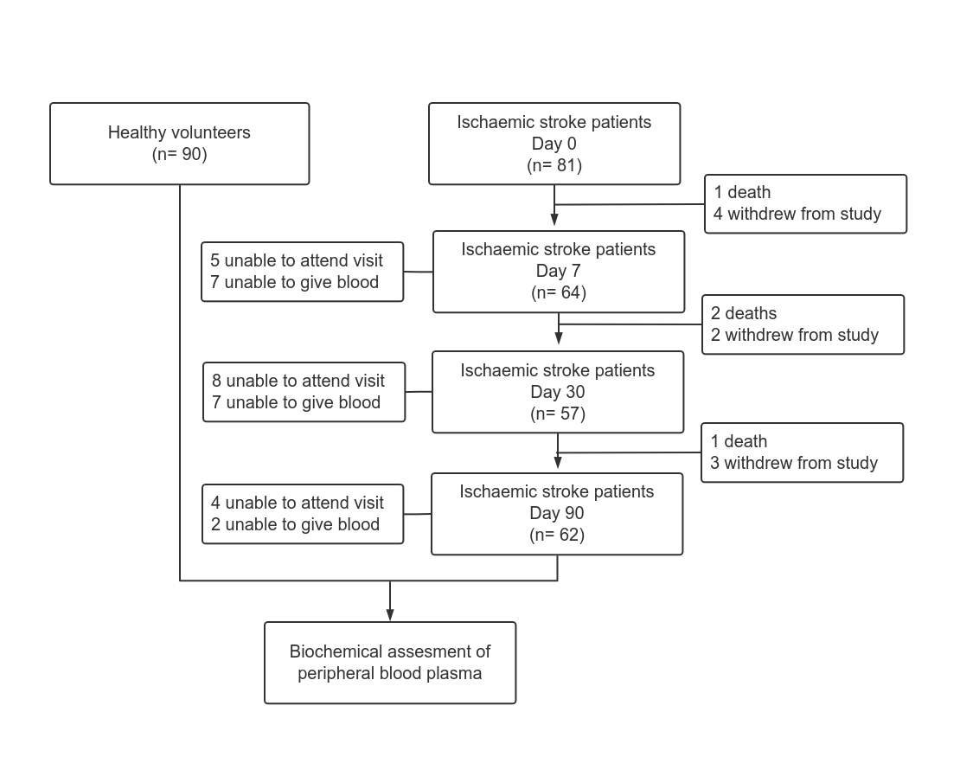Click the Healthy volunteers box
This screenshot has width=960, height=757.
pyautogui.click(x=179, y=144)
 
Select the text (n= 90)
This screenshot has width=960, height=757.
pyautogui.click(x=179, y=154)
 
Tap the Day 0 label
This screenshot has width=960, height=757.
pyautogui.click(x=554, y=144)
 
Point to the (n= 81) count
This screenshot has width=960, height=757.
pyautogui.click(x=554, y=165)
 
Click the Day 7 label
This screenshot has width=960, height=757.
pyautogui.click(x=559, y=271)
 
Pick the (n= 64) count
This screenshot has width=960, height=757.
pyautogui.click(x=559, y=292)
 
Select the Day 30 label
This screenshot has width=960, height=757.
pyautogui.click(x=558, y=392)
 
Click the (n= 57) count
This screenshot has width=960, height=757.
pyautogui.click(x=558, y=414)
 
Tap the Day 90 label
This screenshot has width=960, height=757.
pyautogui.click(x=556, y=513)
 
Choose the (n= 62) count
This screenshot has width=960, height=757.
pyautogui.click(x=556, y=535)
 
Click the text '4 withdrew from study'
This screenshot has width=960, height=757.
pyautogui.click(x=797, y=214)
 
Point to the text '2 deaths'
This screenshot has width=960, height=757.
pyautogui.click(x=743, y=313)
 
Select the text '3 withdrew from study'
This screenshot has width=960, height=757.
pyautogui.click(x=793, y=463)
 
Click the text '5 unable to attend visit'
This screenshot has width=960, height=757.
pyautogui.click(x=297, y=261)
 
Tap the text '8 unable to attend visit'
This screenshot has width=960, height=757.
pyautogui.click(x=298, y=381)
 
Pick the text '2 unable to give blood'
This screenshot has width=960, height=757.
pyautogui.click(x=295, y=524)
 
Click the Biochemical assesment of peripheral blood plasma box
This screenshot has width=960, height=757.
pyautogui.click(x=390, y=663)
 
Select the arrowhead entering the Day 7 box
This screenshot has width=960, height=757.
pyautogui.click(x=554, y=219)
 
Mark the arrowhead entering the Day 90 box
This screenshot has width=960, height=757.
pyautogui.click(x=557, y=462)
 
